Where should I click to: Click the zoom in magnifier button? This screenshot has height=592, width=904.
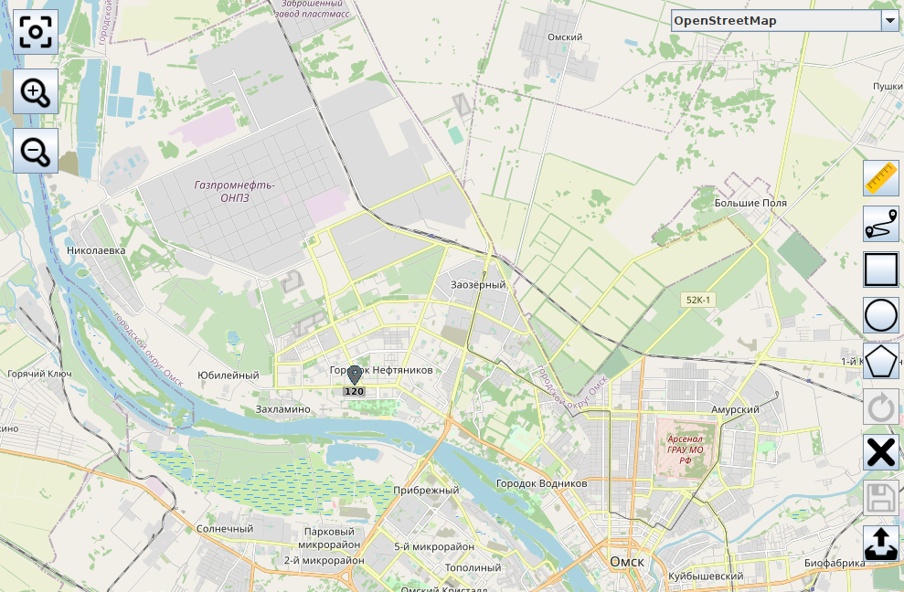pyautogui.click(x=36, y=92)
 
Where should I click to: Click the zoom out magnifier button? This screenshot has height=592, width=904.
pyautogui.click(x=36, y=151)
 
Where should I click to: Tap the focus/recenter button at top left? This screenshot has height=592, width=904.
pyautogui.click(x=36, y=33)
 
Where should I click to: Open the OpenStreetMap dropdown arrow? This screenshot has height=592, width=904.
pyautogui.click(x=889, y=21)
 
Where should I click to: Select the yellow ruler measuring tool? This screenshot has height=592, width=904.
pyautogui.click(x=881, y=178)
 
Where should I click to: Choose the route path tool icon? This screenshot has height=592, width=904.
pyautogui.click(x=881, y=224)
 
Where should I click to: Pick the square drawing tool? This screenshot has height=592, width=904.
pyautogui.click(x=881, y=270)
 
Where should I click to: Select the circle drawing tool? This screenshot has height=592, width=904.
pyautogui.click(x=881, y=315)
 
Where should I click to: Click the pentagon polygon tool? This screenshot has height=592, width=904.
pyautogui.click(x=881, y=361)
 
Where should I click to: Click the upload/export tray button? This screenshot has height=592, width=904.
pyautogui.click(x=881, y=544)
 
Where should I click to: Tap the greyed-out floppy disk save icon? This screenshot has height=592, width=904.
pyautogui.click(x=881, y=498)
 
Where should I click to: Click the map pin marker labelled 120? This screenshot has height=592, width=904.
pyautogui.click(x=355, y=375)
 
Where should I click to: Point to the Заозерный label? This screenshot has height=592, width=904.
pyautogui.click(x=478, y=285)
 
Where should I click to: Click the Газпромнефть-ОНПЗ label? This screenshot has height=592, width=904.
pyautogui.click(x=234, y=191)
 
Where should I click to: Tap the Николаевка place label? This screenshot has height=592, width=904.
pyautogui.click(x=95, y=249)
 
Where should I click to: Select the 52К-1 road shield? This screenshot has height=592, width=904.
pyautogui.click(x=697, y=300)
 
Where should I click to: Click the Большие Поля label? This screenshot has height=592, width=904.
pyautogui.click(x=750, y=203)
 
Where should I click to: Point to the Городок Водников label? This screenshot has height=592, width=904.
pyautogui.click(x=540, y=482)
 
